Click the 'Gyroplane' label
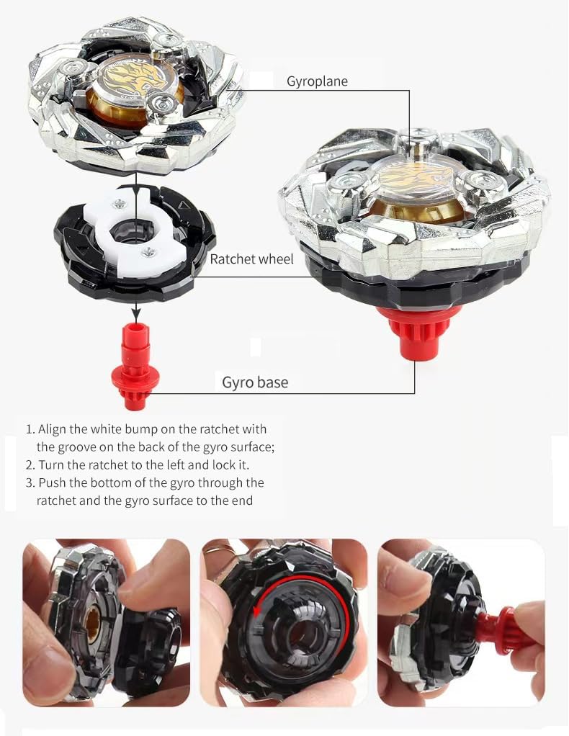click(x=317, y=81)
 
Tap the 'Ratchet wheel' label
click(x=251, y=259)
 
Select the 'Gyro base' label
click(x=254, y=382)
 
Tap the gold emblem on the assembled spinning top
click(x=418, y=176)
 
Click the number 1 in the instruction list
click(x=30, y=429)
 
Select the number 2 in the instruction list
click(x=30, y=465)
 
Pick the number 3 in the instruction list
click(x=30, y=483)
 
